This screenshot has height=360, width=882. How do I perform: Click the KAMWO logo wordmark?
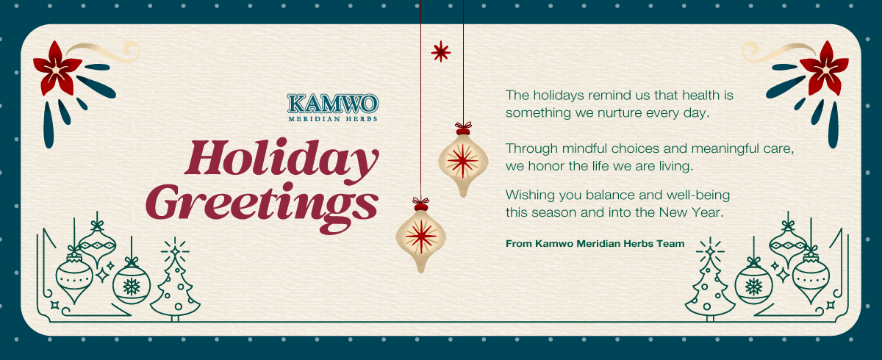(x=333, y=104)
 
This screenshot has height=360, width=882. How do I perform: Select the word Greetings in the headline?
(x=262, y=207)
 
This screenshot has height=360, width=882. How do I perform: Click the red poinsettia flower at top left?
(x=57, y=69)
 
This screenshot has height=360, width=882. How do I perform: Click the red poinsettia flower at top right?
(x=825, y=69)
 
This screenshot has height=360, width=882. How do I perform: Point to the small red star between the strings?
(x=440, y=51)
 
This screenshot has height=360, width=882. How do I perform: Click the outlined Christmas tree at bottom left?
(x=175, y=279)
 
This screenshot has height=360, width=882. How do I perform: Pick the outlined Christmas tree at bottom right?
(x=710, y=279)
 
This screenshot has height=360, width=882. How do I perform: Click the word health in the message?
(x=706, y=96)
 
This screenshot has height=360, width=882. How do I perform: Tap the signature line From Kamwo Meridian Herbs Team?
(x=595, y=243)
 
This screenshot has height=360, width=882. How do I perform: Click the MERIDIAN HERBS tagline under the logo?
(x=333, y=119)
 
